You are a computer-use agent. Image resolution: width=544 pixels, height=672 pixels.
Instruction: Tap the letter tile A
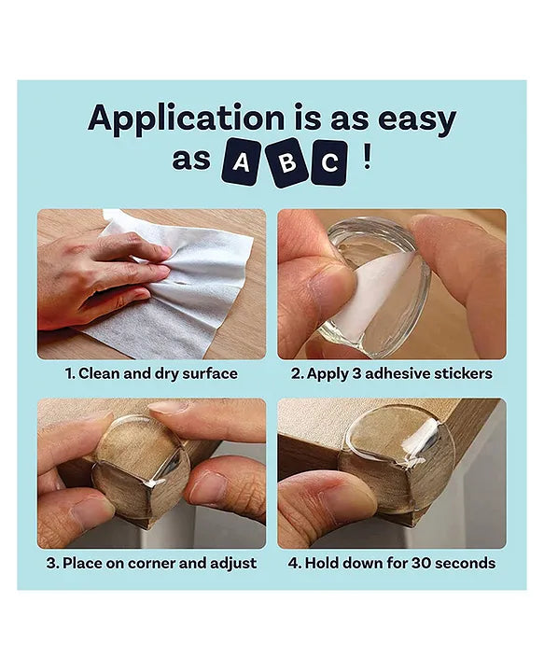(x=241, y=162)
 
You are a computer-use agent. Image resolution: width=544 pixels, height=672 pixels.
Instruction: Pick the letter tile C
(x=328, y=162)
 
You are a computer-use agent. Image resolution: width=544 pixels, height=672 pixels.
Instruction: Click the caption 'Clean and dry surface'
(x=151, y=373)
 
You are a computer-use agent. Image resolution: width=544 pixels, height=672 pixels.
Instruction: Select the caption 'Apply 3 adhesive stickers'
(x=391, y=373)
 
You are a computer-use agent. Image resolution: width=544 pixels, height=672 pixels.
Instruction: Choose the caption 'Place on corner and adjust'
(x=151, y=563)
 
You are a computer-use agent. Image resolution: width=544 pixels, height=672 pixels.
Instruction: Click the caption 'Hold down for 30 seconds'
(x=391, y=563)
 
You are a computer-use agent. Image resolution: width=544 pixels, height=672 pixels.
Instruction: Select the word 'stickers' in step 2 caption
(x=462, y=373)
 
